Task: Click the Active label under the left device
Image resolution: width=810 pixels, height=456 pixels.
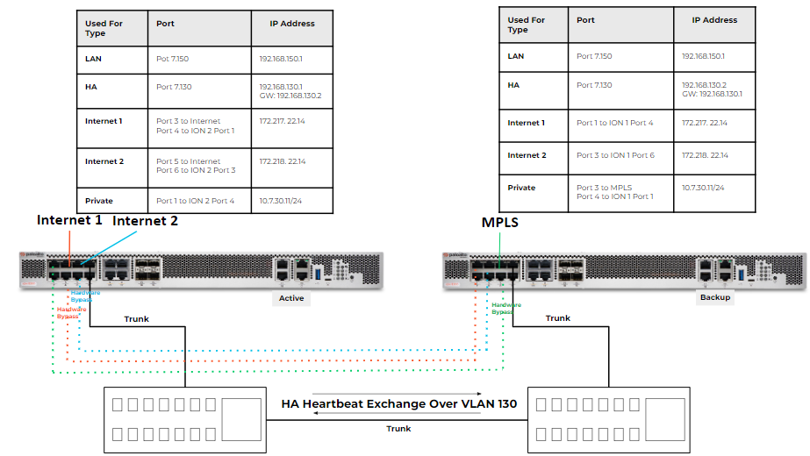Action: click(x=290, y=298)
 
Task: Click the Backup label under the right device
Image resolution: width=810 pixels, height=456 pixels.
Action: click(x=715, y=296)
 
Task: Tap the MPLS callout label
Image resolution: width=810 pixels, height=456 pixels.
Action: click(x=500, y=223)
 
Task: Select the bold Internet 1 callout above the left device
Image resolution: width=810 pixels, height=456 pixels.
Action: click(x=69, y=220)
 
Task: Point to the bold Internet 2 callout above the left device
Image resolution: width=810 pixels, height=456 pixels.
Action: click(x=145, y=221)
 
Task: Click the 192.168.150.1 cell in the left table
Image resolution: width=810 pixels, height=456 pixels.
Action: click(x=282, y=60)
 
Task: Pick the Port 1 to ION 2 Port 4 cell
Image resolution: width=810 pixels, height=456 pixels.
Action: click(x=195, y=201)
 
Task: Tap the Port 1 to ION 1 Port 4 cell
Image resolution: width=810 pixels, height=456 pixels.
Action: click(x=614, y=123)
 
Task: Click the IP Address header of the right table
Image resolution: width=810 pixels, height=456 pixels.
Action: click(x=714, y=19)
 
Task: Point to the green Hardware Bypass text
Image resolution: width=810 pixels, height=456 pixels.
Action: click(x=506, y=308)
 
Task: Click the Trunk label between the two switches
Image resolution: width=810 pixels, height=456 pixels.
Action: click(x=398, y=429)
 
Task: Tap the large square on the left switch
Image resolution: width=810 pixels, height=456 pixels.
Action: click(x=243, y=419)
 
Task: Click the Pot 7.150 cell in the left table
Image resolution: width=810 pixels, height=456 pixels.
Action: click(x=174, y=60)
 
